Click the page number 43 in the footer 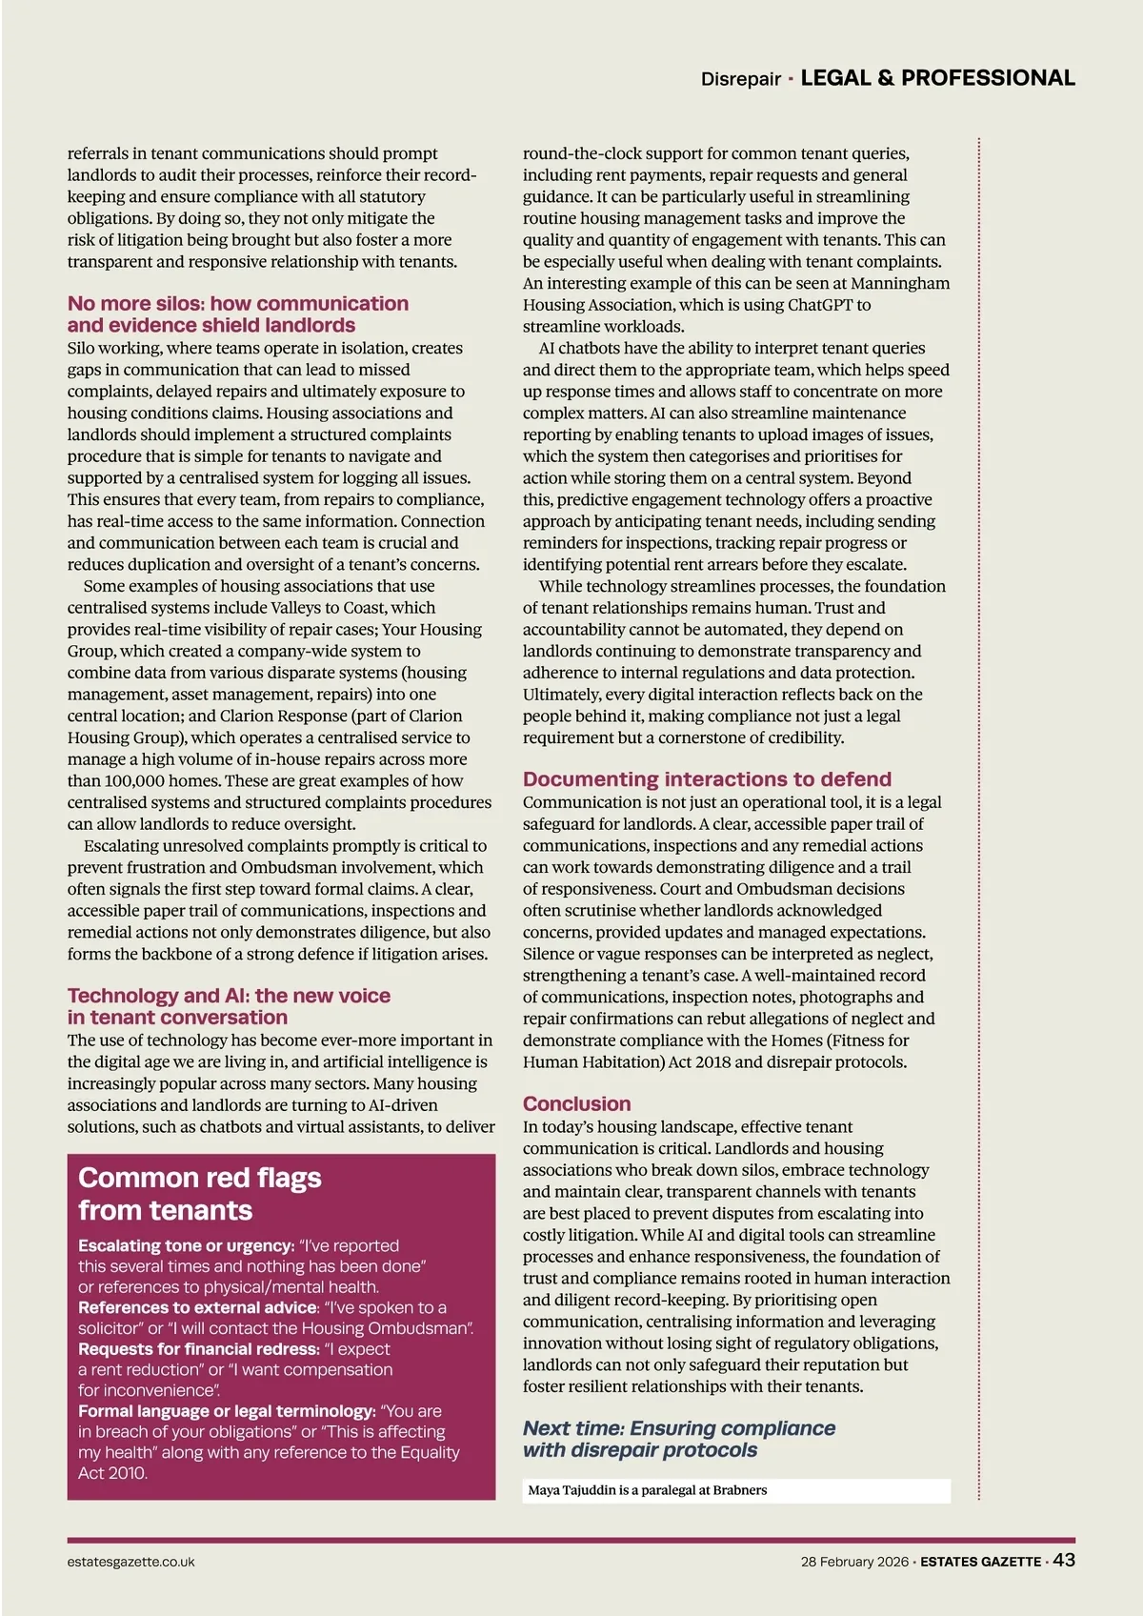(x=1065, y=1560)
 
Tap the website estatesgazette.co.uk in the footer (x=130, y=1562)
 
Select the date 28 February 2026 (x=853, y=1562)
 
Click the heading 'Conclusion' (x=576, y=1103)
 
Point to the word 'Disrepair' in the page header (x=740, y=79)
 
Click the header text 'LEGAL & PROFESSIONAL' (x=937, y=78)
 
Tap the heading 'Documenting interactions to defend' (x=707, y=778)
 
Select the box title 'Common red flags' (x=199, y=1178)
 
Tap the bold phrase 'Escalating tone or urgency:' (x=186, y=1245)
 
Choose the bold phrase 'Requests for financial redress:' (x=198, y=1349)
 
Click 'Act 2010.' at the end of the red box (x=112, y=1473)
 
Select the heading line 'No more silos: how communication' (x=237, y=303)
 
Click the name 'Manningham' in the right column (x=899, y=283)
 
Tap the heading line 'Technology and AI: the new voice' (x=229, y=996)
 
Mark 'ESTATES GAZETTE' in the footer (x=980, y=1562)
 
